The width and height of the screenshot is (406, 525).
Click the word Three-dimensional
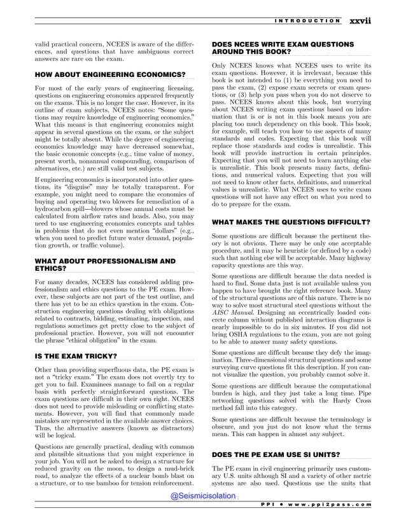coord(241,360)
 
